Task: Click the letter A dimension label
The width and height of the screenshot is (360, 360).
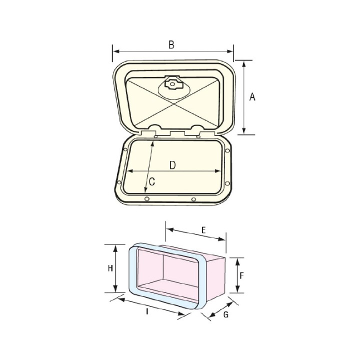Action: click(x=252, y=97)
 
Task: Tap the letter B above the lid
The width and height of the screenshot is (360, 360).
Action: click(x=171, y=45)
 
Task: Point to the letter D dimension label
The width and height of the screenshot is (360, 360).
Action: click(x=172, y=164)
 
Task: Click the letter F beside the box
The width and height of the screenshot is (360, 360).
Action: click(x=241, y=275)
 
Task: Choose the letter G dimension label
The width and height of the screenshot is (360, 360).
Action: click(x=225, y=315)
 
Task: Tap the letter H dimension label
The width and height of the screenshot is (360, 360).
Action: click(x=110, y=268)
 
